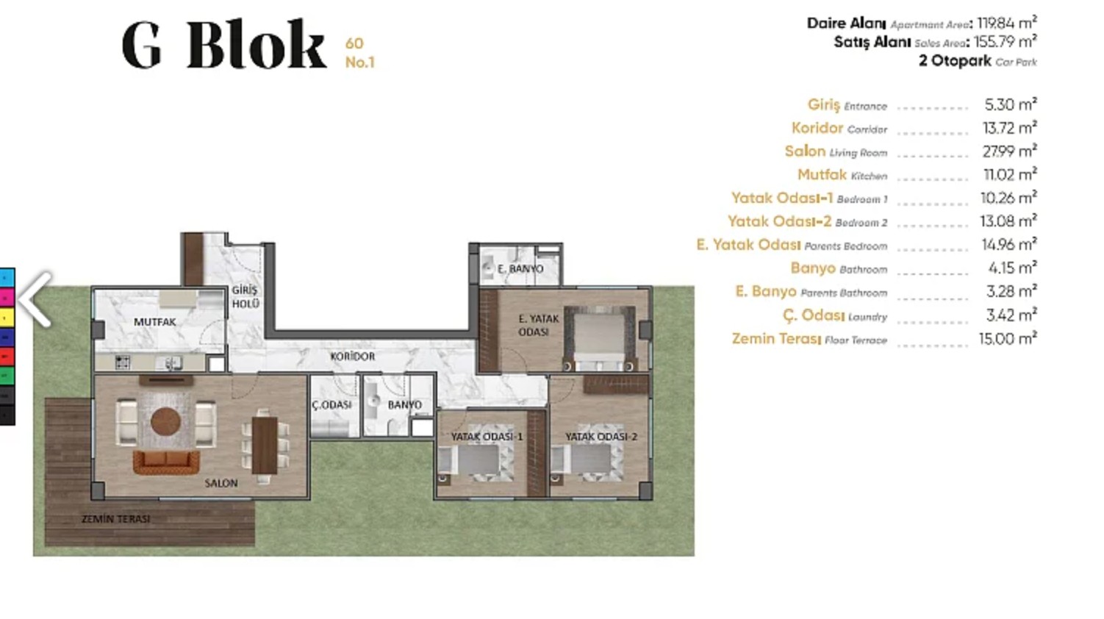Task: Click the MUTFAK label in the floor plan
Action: [x=155, y=322]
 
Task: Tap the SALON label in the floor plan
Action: [x=221, y=484]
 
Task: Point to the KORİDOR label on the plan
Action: [x=352, y=357]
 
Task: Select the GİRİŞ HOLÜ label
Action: [x=245, y=297]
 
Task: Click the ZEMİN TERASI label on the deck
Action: [x=116, y=519]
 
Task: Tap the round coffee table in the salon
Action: [x=165, y=421]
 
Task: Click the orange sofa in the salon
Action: [x=166, y=462]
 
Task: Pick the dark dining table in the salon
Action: [x=265, y=446]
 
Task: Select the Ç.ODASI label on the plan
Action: [x=331, y=405]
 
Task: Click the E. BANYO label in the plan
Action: [x=520, y=269]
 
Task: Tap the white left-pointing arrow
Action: [x=35, y=298]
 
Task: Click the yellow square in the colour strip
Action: [x=7, y=318]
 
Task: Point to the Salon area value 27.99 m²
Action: [x=1009, y=151]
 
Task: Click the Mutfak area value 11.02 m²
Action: [x=1010, y=174]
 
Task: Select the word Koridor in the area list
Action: [x=817, y=128]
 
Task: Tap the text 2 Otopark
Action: [x=955, y=61]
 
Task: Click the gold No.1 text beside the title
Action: [x=359, y=62]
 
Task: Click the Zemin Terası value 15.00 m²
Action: [x=1008, y=339]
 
